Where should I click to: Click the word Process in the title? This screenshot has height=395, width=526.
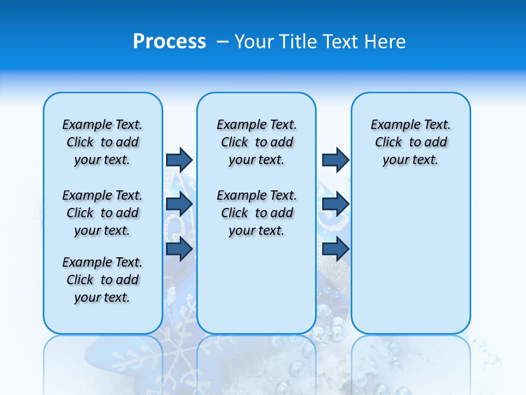(169, 42)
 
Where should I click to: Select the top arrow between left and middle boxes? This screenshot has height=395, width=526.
(179, 160)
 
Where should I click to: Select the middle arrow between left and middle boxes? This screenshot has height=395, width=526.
(179, 204)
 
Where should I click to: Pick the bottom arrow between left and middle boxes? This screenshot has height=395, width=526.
(179, 249)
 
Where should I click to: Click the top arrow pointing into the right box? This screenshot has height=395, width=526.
(335, 160)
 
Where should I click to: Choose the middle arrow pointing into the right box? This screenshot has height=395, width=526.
(335, 204)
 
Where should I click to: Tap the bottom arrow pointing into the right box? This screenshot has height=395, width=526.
(335, 249)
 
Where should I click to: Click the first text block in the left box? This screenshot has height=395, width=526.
(102, 142)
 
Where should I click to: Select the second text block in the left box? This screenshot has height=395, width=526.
(102, 213)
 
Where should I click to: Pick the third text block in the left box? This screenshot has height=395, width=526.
(102, 280)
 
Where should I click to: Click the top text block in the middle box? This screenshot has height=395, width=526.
(256, 142)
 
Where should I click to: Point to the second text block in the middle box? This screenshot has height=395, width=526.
(256, 213)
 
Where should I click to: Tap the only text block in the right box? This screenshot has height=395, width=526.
(411, 142)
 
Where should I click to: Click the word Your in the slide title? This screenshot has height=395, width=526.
(254, 42)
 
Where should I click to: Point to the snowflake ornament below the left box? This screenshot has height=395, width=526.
(170, 359)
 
